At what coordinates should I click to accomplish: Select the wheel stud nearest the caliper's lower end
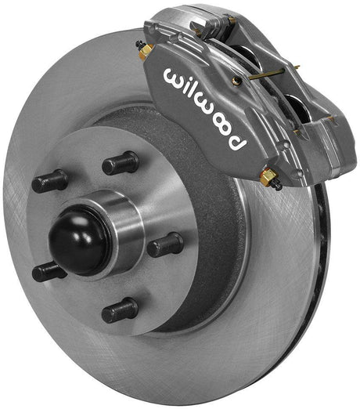(x=166, y=245)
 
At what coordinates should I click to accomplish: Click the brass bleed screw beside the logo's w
(x=146, y=52)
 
